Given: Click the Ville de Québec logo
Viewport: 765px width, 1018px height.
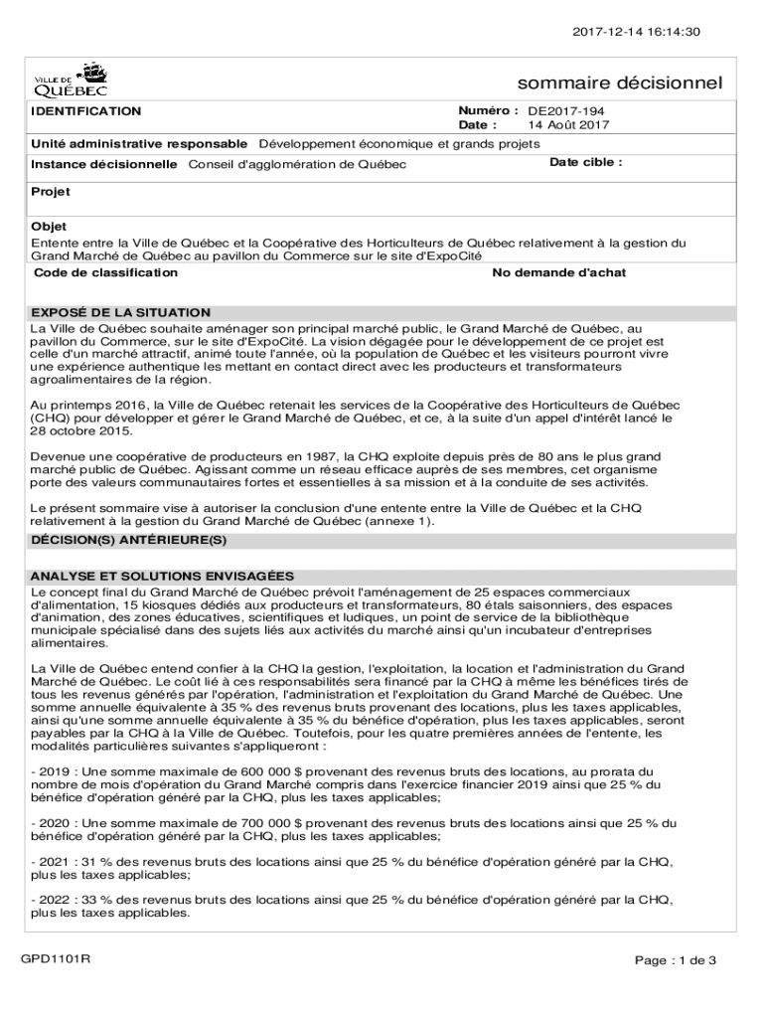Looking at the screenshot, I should (73, 79).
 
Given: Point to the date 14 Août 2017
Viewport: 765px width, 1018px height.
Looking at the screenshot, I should (568, 126).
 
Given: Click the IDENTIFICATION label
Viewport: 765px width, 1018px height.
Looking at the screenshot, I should (86, 111).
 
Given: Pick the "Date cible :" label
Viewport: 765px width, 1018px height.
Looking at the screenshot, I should (586, 162).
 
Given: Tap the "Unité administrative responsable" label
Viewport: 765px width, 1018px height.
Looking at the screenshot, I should (139, 143).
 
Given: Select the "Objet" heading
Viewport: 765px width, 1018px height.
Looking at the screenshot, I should (49, 227).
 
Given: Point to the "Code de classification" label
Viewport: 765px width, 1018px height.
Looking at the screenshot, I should (99, 272).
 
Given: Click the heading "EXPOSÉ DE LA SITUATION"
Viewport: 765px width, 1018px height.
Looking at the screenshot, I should (120, 312).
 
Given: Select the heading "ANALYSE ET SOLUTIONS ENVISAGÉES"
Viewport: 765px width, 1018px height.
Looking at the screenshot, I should (162, 576).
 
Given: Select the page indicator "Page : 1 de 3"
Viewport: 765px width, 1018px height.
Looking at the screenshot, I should (676, 960).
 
